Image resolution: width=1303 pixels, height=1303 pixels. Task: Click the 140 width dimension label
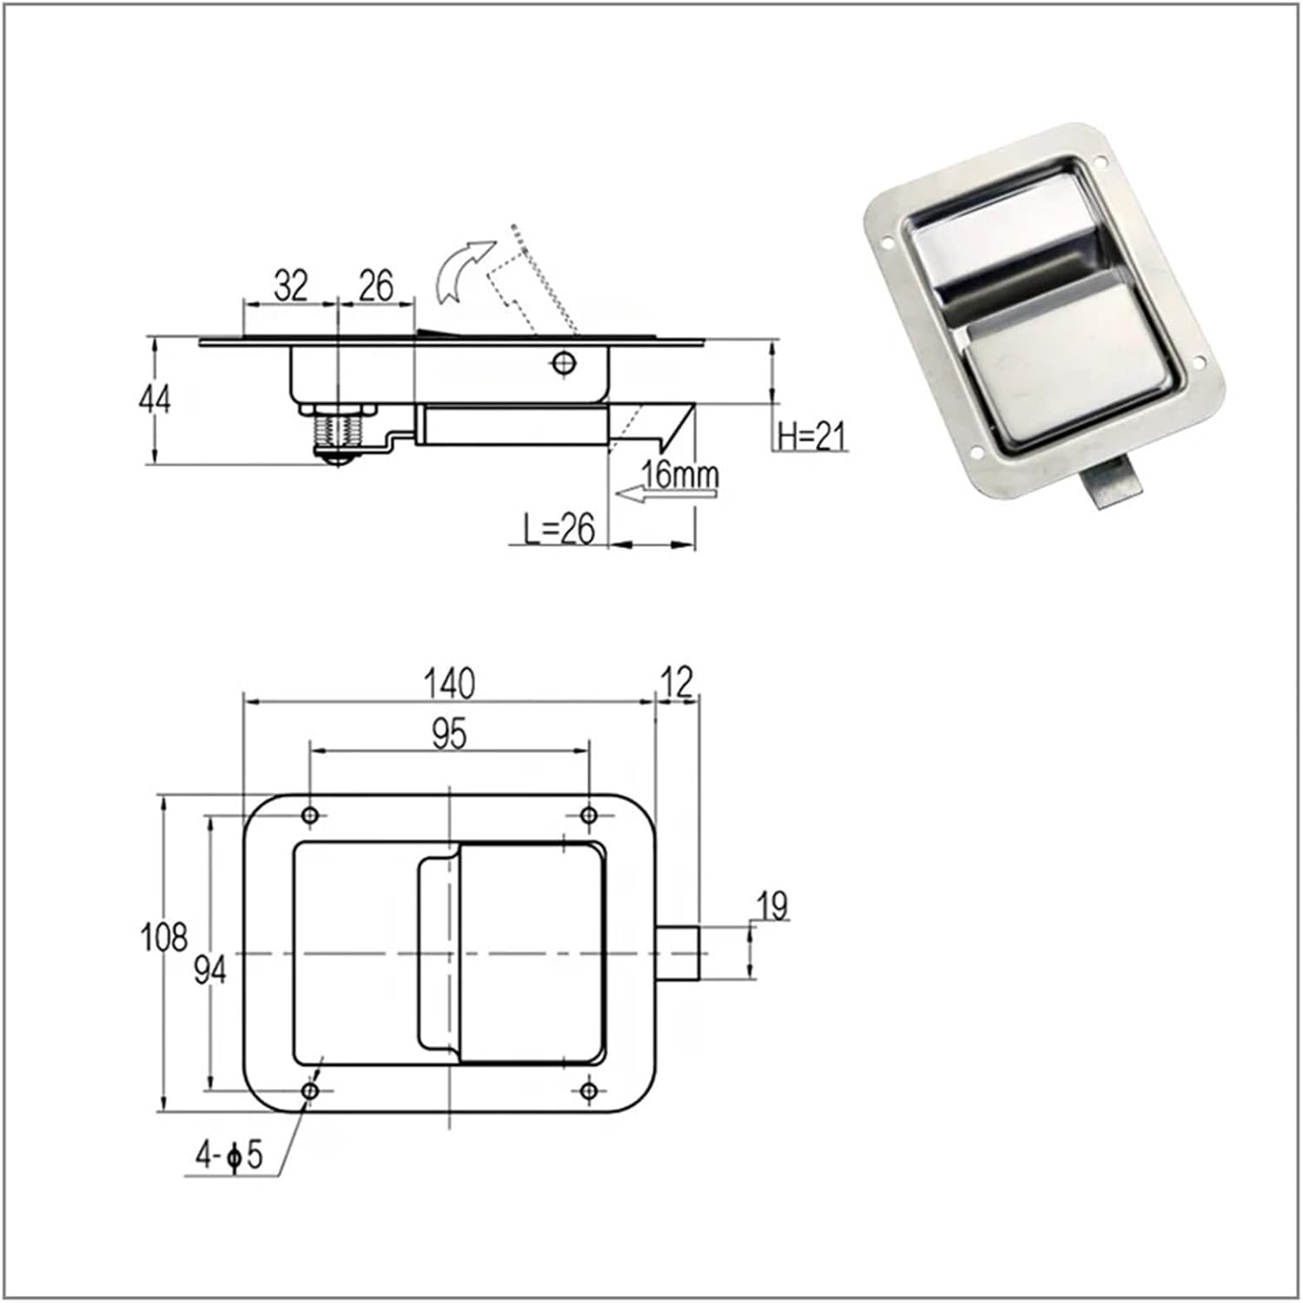pos(449,684)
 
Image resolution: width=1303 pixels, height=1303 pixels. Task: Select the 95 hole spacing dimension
pos(449,734)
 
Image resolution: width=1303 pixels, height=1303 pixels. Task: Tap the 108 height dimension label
pos(163,937)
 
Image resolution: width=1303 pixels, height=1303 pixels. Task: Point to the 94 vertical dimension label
pos(209,969)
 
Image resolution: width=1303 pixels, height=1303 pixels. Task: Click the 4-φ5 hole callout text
pos(228,1155)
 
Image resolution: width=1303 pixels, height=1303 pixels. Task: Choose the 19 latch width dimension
pos(771,906)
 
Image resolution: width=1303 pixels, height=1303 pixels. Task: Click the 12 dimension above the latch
pos(677,683)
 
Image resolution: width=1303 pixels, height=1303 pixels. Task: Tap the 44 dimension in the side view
pos(155,399)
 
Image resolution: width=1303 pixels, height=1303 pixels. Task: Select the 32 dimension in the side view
pos(290,286)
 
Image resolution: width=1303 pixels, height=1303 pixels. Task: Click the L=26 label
pos(559,528)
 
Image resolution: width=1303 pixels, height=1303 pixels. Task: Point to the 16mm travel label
pos(680,474)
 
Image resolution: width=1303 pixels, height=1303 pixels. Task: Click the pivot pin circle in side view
pos(564,362)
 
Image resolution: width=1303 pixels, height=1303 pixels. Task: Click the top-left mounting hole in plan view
pos(310,815)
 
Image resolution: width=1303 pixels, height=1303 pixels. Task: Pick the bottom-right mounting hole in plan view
pos(589,1090)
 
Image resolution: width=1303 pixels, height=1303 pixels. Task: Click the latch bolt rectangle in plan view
pos(678,953)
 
